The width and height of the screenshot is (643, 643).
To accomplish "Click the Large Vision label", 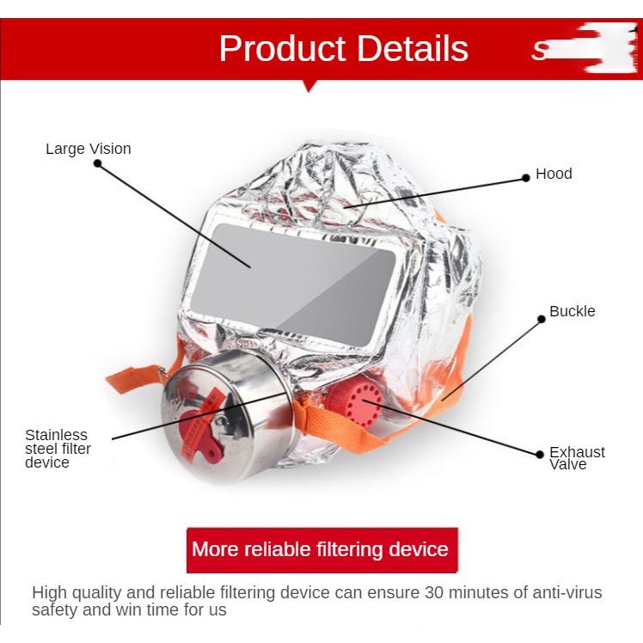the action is coord(89,149).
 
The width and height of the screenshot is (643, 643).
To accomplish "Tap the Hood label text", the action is coord(554,174).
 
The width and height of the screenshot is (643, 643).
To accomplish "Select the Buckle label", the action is coord(572,311).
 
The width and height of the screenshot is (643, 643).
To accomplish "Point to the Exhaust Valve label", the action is coord(577,458).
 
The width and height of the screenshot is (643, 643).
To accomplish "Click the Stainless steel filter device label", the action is coord(58,449).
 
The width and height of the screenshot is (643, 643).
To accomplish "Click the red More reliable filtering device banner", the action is coord(321,549).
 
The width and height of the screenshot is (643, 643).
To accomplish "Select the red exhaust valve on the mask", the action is coord(354,405).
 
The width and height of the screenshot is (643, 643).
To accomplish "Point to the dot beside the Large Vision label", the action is coord(97,163).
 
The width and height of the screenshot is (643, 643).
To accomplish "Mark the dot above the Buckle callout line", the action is coord(542,319).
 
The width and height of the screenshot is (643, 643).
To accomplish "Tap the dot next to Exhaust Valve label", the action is coord(540,453).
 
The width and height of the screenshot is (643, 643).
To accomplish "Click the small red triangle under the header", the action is coord(310,85).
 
